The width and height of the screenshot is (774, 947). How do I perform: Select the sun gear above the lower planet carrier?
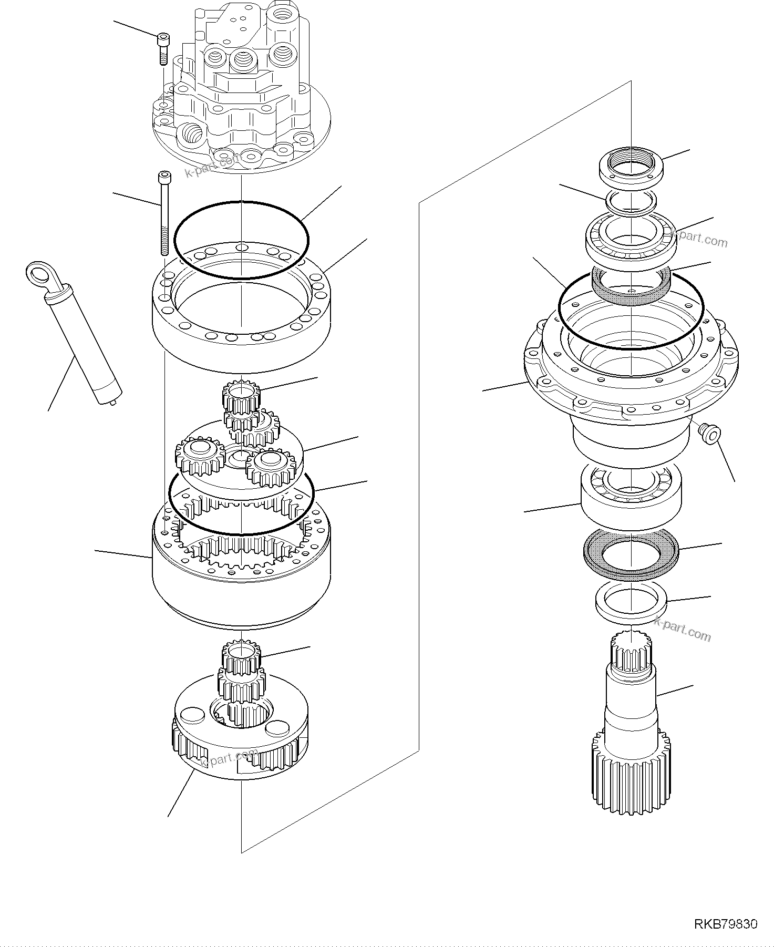(x=241, y=659)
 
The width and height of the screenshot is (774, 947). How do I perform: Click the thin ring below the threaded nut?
(x=631, y=201)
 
